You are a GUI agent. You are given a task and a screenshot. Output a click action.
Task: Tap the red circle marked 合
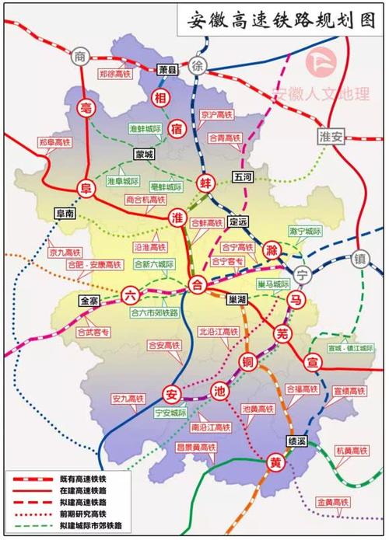(x=198, y=285)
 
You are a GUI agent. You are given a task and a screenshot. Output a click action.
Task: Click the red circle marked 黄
(x=275, y=461)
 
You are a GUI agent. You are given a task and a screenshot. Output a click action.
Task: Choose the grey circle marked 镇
(x=359, y=258)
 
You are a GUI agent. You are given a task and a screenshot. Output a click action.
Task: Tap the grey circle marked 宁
(x=303, y=273)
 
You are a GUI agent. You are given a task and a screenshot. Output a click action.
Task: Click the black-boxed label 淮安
(x=331, y=135)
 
